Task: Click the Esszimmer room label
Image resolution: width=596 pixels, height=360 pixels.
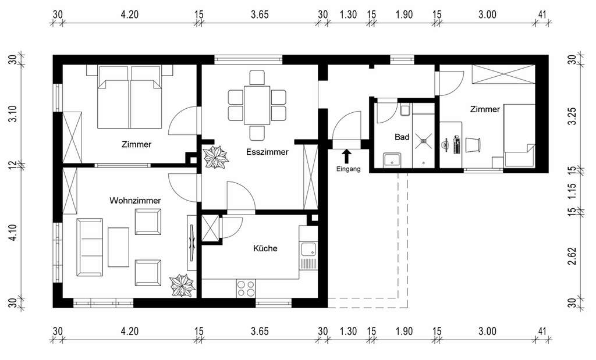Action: [267, 152]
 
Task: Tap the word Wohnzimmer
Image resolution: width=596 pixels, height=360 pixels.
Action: [135, 200]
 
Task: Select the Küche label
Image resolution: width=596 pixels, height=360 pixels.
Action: [265, 248]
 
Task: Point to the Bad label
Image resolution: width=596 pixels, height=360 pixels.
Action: [402, 138]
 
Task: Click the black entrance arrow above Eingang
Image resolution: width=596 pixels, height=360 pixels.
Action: [347, 156]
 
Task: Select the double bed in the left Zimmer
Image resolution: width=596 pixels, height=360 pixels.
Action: [129, 97]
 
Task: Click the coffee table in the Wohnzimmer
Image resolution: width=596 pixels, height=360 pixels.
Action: [118, 247]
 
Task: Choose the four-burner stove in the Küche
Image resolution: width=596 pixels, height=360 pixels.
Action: [246, 288]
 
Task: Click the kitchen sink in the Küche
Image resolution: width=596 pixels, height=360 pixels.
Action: [308, 251]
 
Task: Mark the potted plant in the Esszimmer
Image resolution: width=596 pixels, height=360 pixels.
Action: [217, 157]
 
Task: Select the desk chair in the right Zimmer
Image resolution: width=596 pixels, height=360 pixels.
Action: [473, 144]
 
